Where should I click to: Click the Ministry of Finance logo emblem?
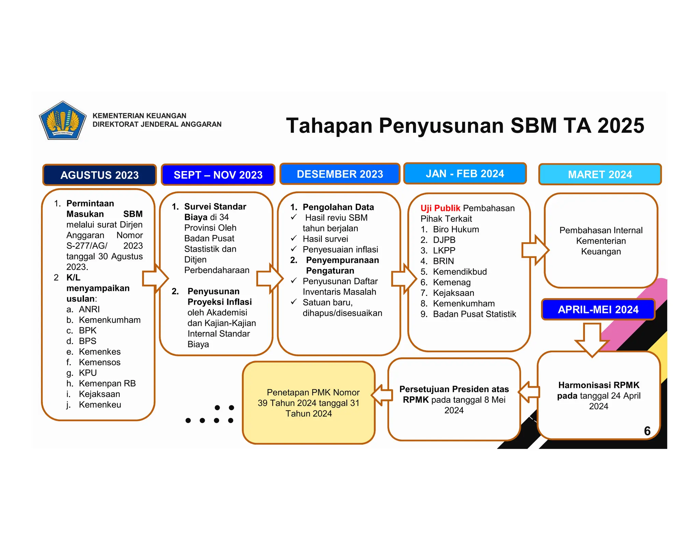62,120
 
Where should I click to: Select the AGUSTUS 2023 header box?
99,175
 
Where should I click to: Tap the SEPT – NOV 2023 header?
218,175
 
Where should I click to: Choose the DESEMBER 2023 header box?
340,174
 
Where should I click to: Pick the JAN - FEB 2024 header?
465,174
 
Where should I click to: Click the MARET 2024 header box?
600,174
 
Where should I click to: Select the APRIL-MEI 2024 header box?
598,310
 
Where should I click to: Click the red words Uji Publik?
440,208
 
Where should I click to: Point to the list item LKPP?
444,251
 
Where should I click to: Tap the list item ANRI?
89,309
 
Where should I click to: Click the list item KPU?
88,373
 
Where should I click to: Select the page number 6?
647,431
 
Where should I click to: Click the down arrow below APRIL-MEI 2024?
592,340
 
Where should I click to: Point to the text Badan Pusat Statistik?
474,314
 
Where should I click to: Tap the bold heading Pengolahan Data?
338,207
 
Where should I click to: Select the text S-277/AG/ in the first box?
87,246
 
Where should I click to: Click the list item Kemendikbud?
460,272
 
